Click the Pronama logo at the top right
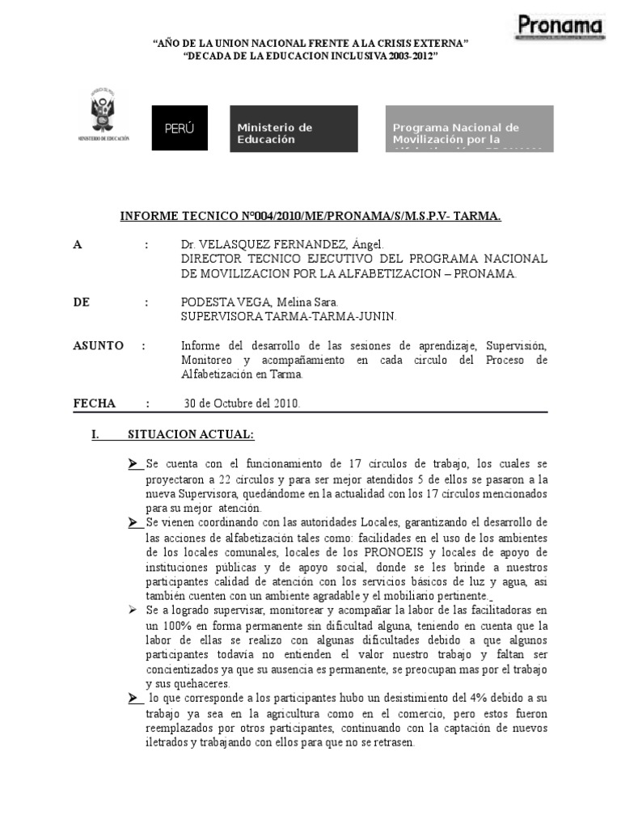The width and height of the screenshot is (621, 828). (560, 27)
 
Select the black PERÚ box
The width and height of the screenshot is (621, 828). (180, 129)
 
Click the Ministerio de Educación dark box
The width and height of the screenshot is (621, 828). (294, 129)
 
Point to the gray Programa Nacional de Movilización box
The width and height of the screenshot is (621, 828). (469, 129)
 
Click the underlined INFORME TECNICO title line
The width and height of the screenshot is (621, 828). (310, 216)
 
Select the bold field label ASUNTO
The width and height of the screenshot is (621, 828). (98, 345)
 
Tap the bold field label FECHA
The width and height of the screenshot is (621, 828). (95, 403)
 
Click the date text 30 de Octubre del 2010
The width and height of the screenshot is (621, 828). (243, 403)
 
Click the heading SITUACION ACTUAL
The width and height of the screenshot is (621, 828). (190, 435)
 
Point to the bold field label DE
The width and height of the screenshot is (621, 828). (82, 302)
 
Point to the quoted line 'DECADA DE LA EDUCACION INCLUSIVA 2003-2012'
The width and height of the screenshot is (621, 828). (310, 57)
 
